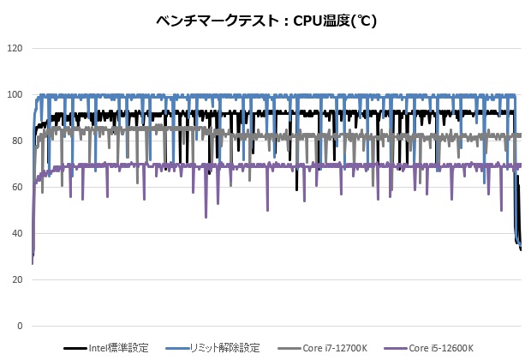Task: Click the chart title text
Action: (x=266, y=19)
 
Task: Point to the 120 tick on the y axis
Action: (x=15, y=48)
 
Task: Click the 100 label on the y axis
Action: (x=15, y=94)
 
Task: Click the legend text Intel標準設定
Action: (x=119, y=348)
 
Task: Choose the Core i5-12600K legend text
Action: (x=440, y=348)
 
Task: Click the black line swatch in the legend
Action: (x=75, y=349)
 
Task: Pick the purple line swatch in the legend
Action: (x=396, y=349)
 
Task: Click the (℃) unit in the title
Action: (x=362, y=19)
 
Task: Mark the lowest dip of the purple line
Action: (x=206, y=217)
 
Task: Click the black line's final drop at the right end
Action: (x=520, y=247)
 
